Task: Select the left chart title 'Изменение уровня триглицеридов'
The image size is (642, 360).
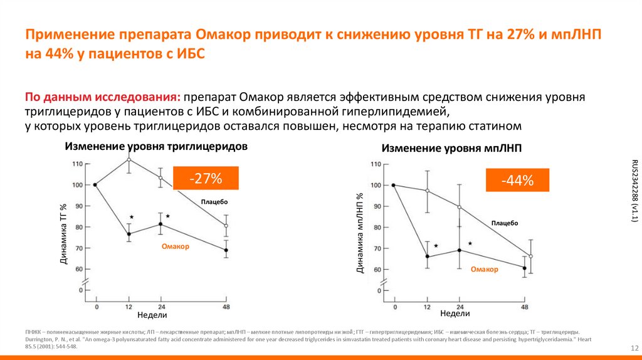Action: tap(156, 146)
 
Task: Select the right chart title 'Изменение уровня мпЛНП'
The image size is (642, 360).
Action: tap(452, 149)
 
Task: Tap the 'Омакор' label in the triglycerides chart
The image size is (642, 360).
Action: tap(175, 246)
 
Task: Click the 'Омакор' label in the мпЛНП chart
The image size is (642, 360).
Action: tap(485, 269)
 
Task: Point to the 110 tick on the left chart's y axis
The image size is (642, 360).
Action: tap(78, 164)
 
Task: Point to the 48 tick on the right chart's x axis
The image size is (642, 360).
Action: tap(525, 307)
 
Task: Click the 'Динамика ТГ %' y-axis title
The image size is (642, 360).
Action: tap(63, 233)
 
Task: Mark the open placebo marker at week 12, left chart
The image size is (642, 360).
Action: tap(129, 160)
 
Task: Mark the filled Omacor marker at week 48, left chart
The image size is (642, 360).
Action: tap(226, 250)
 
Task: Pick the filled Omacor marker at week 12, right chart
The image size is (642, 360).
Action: tap(427, 257)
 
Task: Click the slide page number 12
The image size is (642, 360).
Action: tap(633, 348)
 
